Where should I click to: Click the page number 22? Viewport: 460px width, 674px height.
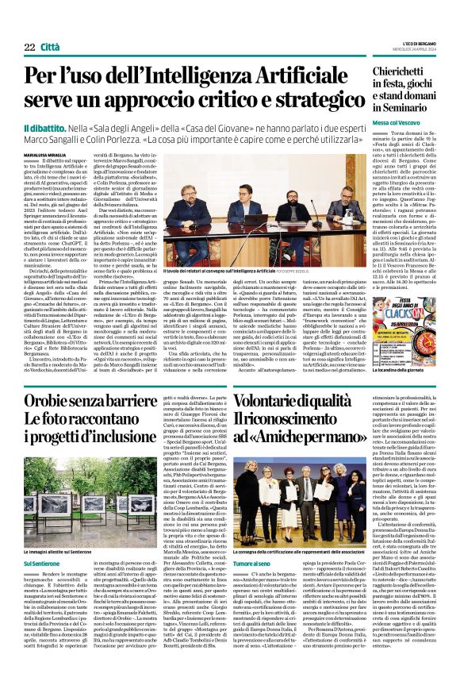29,48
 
